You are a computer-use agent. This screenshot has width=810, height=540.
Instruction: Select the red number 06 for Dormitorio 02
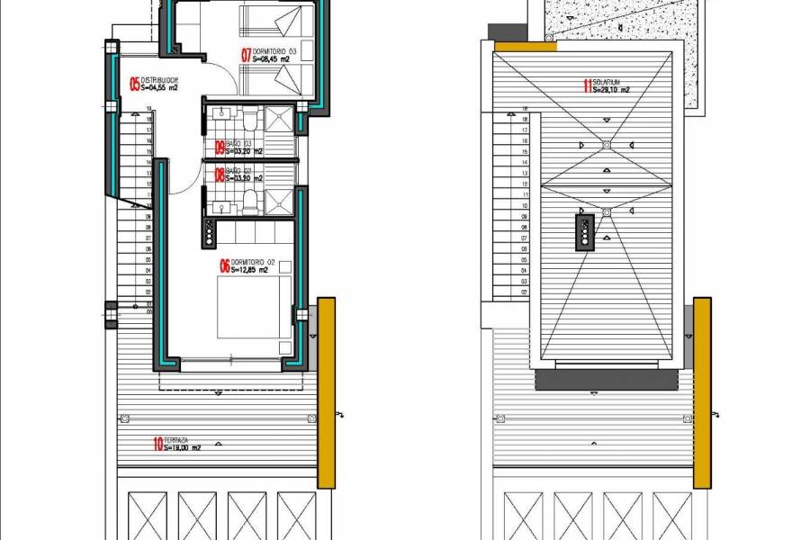pos(224,265)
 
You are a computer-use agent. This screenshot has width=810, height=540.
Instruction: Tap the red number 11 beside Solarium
pos(587,86)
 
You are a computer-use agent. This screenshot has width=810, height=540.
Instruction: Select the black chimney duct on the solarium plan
pos(587,232)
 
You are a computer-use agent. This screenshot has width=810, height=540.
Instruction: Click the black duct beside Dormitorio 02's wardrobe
pos(210,231)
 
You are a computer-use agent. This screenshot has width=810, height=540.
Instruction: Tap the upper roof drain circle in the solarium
pos(608,143)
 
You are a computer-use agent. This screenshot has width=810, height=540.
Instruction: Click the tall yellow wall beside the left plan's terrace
pos(327,393)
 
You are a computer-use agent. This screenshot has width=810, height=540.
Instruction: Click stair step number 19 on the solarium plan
pos(524,108)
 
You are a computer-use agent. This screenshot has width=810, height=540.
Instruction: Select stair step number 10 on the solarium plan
pos(524,206)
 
